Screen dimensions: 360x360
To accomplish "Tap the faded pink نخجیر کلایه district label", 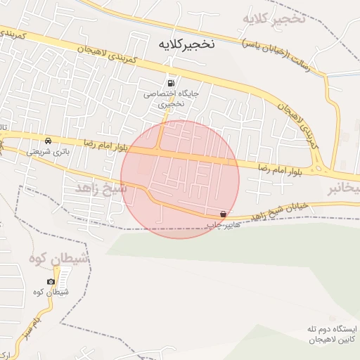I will tap(274, 18).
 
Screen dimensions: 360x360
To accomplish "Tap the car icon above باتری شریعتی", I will tap(48, 140).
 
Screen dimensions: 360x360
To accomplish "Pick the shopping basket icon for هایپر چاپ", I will tap(224, 214).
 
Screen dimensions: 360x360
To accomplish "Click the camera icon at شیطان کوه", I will tap(51, 281).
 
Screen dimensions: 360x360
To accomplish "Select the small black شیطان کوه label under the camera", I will tap(51, 292).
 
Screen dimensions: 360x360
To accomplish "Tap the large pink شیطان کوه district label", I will tap(60, 259).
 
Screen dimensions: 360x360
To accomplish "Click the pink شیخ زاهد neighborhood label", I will tap(101, 188).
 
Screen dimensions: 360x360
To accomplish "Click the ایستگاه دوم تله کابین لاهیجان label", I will tap(333, 334).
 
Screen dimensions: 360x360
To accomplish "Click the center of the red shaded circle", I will tap(180, 179).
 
